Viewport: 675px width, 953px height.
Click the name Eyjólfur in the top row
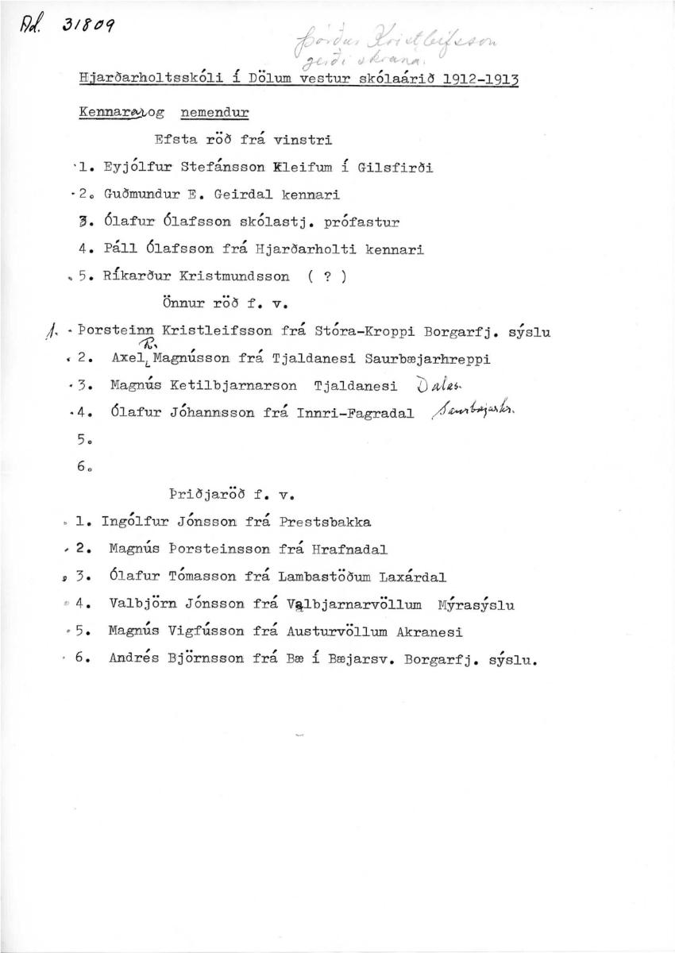click(x=135, y=168)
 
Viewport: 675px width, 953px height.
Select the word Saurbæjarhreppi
click(x=427, y=359)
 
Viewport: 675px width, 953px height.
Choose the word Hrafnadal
click(x=345, y=550)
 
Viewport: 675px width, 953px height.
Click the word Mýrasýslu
click(x=476, y=605)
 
